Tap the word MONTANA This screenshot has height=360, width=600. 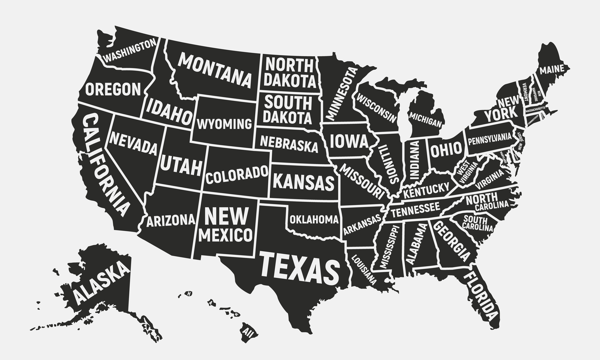coord(215,71)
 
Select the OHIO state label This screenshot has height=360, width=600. coord(447,149)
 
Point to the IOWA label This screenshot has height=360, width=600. coord(349,141)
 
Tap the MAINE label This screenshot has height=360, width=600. coord(552,70)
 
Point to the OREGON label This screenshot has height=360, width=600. coord(113,89)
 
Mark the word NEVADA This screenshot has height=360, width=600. coord(133,143)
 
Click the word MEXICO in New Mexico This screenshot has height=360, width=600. coord(226,235)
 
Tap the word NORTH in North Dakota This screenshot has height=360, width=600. coord(289,65)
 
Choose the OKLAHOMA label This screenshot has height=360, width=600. coord(314,219)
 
